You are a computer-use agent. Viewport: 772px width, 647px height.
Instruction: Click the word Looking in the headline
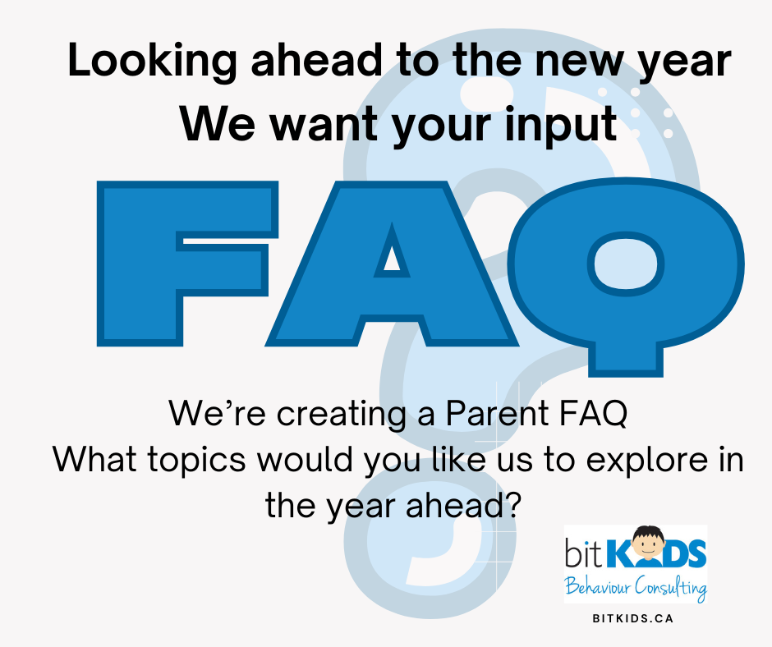153,61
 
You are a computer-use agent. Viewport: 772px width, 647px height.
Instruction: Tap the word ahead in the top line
316,59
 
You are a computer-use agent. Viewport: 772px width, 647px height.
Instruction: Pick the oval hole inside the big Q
626,264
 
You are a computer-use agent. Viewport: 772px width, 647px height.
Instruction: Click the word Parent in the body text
497,413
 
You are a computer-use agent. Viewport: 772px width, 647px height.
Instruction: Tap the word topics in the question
197,461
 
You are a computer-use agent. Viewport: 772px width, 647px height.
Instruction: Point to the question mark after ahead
512,504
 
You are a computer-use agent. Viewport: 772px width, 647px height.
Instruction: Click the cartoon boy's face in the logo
648,544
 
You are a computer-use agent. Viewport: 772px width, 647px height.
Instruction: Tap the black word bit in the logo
584,553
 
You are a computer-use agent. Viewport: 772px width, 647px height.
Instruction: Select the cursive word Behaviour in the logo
598,586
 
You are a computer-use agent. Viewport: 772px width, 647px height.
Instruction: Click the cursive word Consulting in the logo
671,587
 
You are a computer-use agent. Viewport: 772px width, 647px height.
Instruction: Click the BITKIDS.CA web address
632,618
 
